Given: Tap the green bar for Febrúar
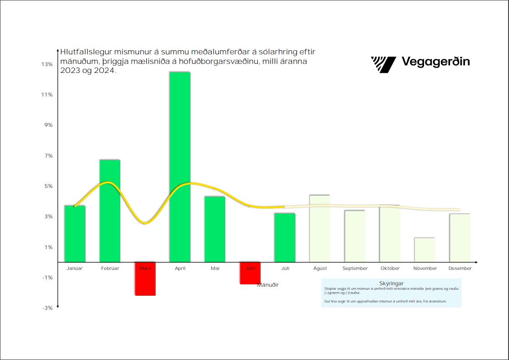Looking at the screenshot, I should coord(110,211).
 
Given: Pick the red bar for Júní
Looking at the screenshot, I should coord(250,274).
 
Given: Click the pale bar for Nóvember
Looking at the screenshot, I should coord(424,250).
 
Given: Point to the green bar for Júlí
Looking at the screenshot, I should coord(285,237).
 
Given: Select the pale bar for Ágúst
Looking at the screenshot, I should coord(319,228).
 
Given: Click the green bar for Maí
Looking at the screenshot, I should coord(215,229).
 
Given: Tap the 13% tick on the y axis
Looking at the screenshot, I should coord(47,64).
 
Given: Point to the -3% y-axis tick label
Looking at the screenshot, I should coord(47,308).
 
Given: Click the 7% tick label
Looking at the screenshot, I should coord(48,156).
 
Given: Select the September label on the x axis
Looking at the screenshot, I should coord(355,269).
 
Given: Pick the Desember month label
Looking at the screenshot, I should coord(460,269).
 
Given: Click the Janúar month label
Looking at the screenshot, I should coord(75,269).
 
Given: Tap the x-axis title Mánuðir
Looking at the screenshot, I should coord(268,285).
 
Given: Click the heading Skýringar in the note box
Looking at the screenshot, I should coord(391,283).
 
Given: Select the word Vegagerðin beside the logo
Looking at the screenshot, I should coord(435,62).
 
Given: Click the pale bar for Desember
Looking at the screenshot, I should coord(460,238).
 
